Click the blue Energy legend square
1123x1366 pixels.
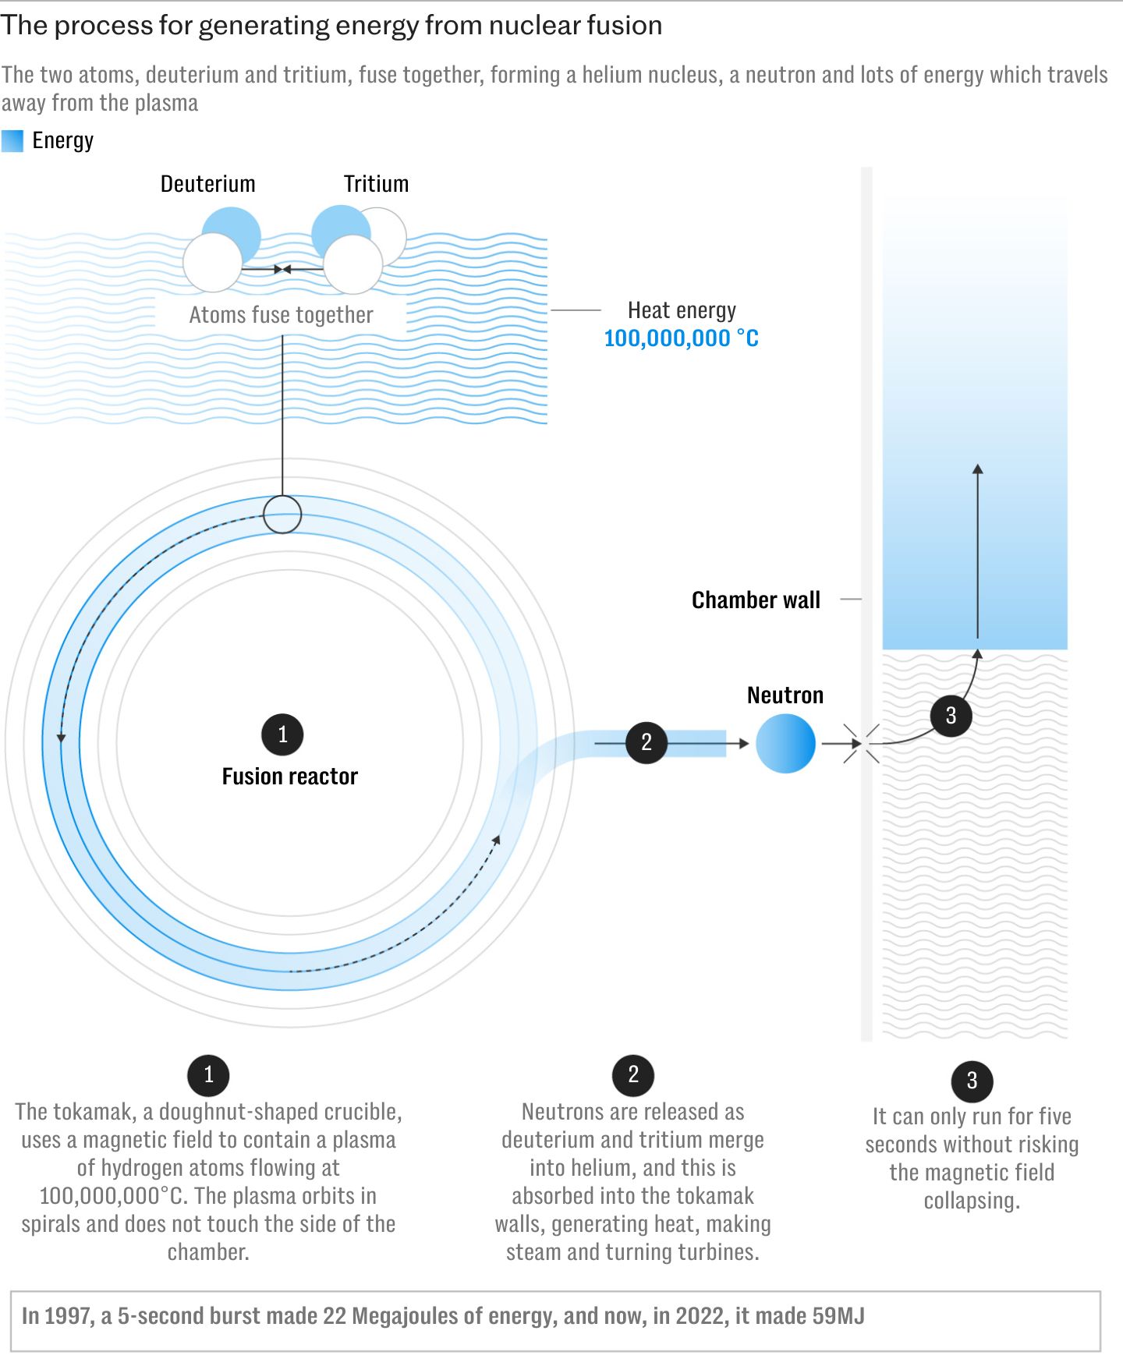(12, 141)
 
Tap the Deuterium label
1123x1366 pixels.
(208, 184)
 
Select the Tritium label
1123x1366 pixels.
(376, 184)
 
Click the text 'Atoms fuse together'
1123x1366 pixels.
(282, 315)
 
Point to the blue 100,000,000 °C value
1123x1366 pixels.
(682, 338)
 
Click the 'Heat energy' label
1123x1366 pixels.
(682, 310)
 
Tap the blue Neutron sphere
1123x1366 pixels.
(785, 744)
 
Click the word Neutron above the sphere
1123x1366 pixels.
(785, 695)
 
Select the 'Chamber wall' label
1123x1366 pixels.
(756, 600)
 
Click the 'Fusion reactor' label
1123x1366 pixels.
(289, 777)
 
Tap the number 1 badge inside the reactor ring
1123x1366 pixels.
(282, 734)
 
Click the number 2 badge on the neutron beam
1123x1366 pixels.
(647, 742)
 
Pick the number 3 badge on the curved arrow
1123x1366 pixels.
(951, 716)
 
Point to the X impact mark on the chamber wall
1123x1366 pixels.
(862, 744)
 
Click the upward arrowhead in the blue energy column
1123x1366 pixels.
(977, 469)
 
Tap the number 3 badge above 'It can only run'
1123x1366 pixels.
(972, 1081)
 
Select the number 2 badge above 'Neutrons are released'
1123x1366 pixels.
(633, 1075)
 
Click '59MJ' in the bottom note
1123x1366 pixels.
(838, 1316)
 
